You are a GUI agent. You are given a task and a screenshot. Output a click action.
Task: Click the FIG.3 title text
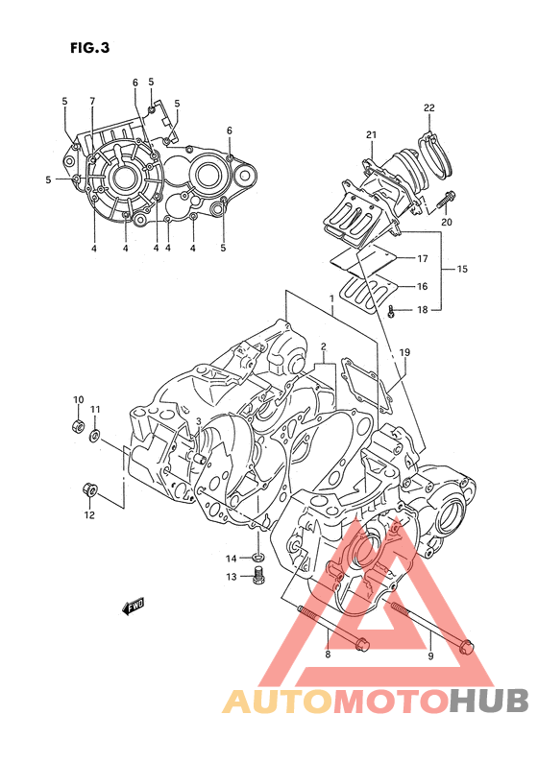90,48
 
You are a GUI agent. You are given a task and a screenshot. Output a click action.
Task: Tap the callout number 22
428,107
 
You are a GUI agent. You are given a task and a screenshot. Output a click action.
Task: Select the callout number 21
371,134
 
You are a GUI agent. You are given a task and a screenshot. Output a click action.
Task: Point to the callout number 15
462,269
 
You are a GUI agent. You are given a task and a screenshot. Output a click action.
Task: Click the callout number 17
422,258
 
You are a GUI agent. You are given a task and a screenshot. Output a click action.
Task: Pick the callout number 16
422,286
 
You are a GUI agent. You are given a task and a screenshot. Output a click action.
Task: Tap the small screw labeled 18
391,312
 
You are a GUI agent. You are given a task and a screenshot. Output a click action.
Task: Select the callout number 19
404,352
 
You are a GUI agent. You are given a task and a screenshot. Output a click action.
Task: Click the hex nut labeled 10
78,426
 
